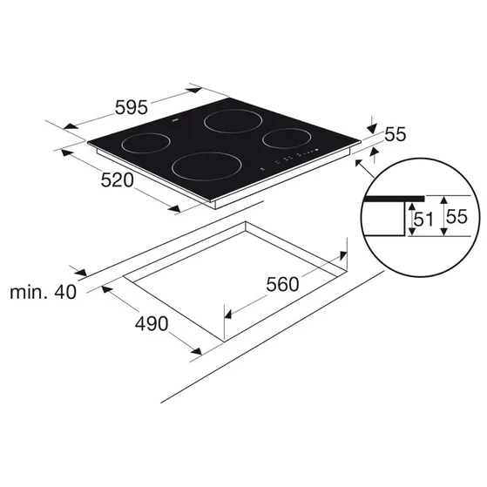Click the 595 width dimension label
coord(131,107)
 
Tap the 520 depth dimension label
coord(117,180)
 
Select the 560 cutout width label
coord(282,284)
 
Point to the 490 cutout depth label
coord(152,323)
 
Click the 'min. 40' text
coord(43,292)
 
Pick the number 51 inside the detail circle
coord(423,220)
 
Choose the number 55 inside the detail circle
coord(457,216)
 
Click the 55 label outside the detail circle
coord(396,134)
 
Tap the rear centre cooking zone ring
coord(233,109)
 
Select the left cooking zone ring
coord(145,133)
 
